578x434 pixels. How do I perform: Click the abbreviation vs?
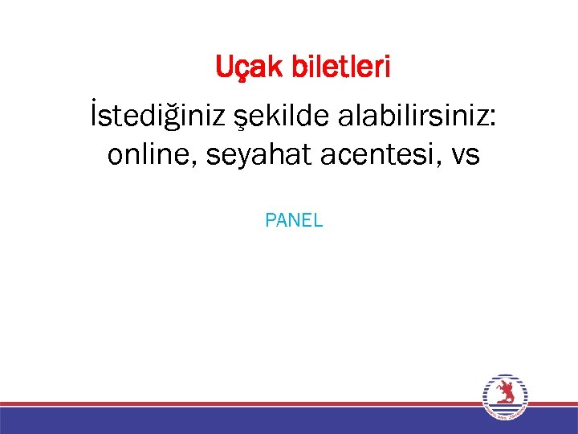(466, 156)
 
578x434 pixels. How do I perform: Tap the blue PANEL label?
(294, 220)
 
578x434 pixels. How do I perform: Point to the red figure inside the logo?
(505, 394)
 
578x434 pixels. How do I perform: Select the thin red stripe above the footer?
(241, 403)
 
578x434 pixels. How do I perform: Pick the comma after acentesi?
(442, 163)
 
